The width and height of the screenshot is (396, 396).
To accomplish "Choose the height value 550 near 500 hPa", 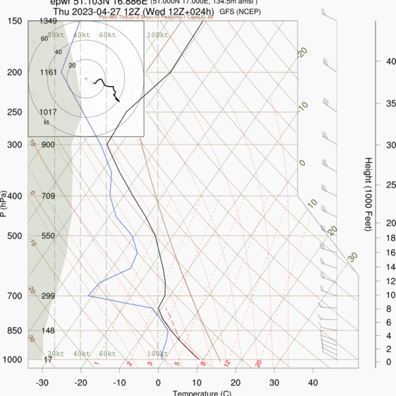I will pyautogui.click(x=47, y=236).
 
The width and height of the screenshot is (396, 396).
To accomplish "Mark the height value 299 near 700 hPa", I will pyautogui.click(x=48, y=296).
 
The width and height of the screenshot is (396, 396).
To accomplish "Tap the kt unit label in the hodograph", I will pyautogui.click(x=46, y=122).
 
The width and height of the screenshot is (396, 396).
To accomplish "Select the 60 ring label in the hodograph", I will pyautogui.click(x=44, y=39).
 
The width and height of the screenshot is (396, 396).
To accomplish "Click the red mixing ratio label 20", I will pyautogui.click(x=259, y=364).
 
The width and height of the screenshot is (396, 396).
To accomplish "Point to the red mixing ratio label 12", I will pyautogui.click(x=226, y=364).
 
